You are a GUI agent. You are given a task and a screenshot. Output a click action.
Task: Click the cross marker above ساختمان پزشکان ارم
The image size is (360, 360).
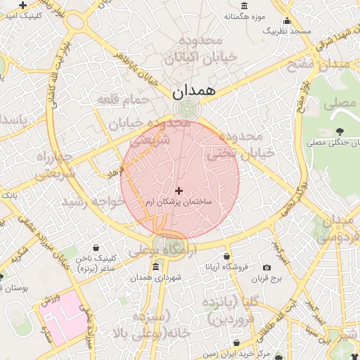pyautogui.click(x=179, y=191)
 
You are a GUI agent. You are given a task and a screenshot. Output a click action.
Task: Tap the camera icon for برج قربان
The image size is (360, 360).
pyautogui.click(x=266, y=267)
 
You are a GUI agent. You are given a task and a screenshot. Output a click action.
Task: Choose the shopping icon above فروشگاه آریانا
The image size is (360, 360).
pyautogui.click(x=226, y=256)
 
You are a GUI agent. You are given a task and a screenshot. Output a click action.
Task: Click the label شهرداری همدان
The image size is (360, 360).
pyautogui.click(x=155, y=278)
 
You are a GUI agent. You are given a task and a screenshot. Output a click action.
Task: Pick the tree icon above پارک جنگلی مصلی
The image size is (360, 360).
pyautogui.click(x=340, y=131)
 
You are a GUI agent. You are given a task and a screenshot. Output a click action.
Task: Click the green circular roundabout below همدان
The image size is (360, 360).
pyautogui.click(x=188, y=110)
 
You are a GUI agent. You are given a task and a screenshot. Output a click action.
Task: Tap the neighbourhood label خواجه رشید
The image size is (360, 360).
pyautogui.click(x=92, y=202)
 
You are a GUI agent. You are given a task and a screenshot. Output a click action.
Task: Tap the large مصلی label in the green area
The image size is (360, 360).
pyautogui.click(x=340, y=104)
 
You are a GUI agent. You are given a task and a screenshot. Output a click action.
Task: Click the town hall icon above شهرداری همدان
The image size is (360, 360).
pyautogui.click(x=156, y=266)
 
